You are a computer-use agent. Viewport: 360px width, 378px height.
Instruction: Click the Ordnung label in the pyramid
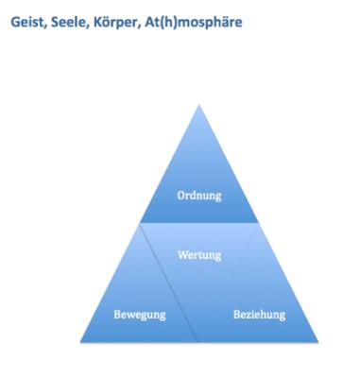pyautogui.click(x=198, y=197)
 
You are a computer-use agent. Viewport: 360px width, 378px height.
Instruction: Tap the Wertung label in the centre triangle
pyautogui.click(x=198, y=255)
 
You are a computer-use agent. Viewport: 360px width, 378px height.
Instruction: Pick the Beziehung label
pyautogui.click(x=258, y=312)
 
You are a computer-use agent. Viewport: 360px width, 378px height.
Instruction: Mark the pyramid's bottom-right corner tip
pyautogui.click(x=317, y=340)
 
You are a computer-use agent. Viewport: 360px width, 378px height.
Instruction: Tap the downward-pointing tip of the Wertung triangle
pyautogui.click(x=198, y=339)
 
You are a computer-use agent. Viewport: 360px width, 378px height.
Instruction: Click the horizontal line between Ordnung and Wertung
pyautogui.click(x=198, y=223)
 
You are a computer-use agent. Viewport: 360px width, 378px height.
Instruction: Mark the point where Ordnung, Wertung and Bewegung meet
pyautogui.click(x=140, y=223)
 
